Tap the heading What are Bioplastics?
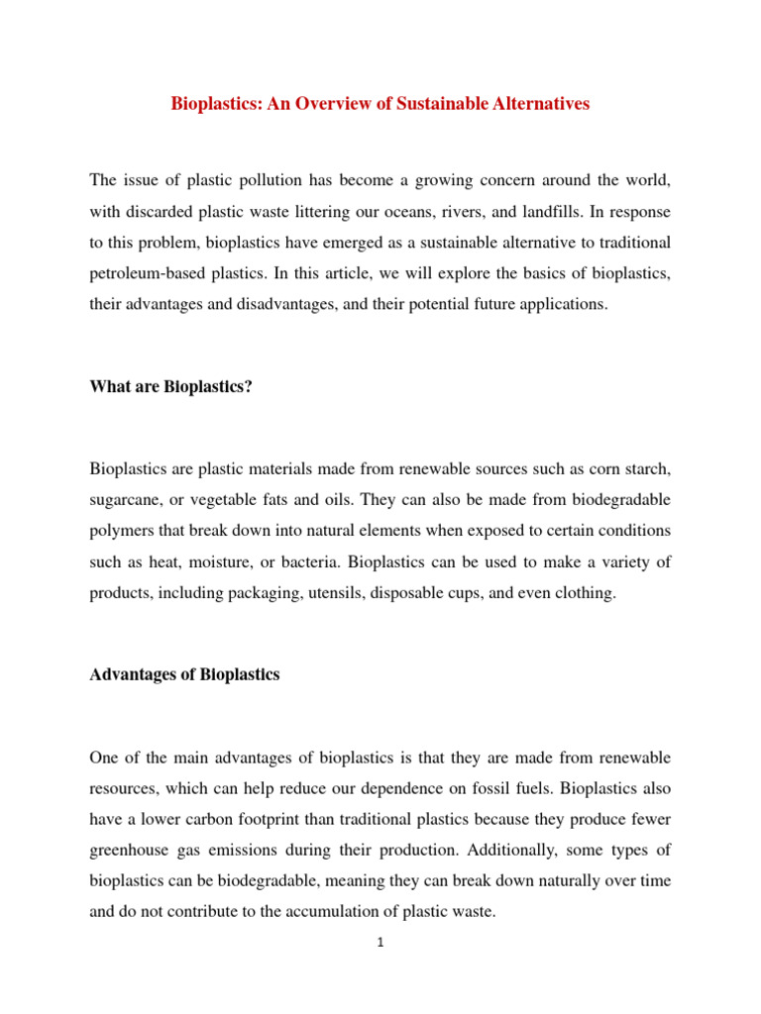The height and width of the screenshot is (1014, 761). pyautogui.click(x=170, y=386)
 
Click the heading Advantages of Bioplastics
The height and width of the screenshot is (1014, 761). pyautogui.click(x=184, y=674)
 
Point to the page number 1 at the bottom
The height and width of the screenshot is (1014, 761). pyautogui.click(x=380, y=943)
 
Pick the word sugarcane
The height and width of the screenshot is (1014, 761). pyautogui.click(x=124, y=499)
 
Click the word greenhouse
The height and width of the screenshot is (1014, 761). pyautogui.click(x=126, y=852)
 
